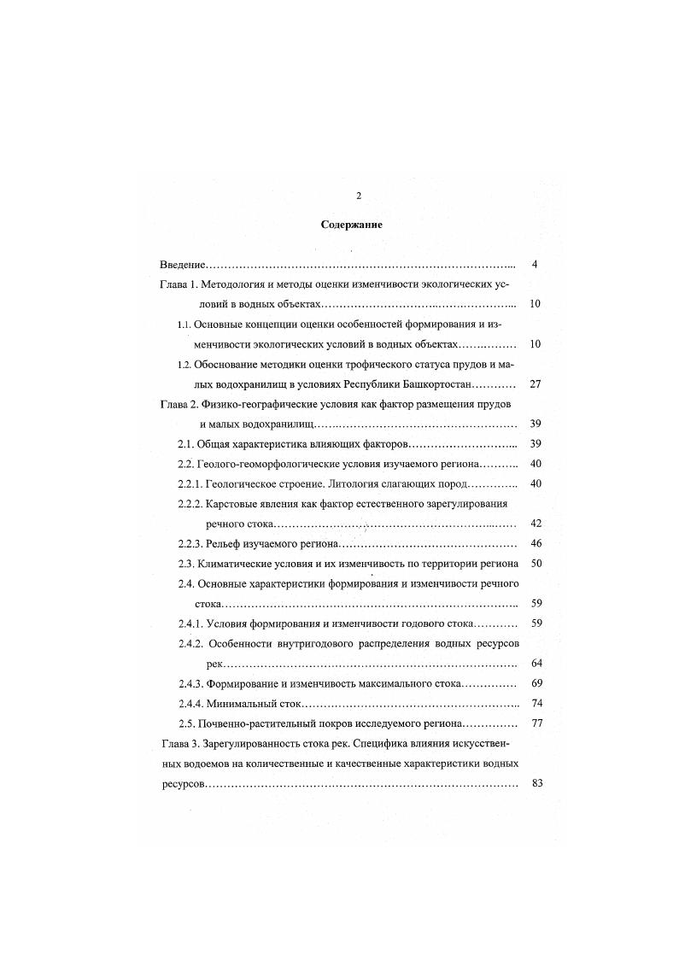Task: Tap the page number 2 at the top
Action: (x=359, y=196)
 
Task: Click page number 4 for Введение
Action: (x=534, y=265)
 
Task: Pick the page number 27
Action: (x=536, y=384)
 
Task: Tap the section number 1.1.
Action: (x=184, y=325)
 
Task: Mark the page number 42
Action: (x=536, y=524)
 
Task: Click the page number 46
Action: (x=536, y=544)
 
